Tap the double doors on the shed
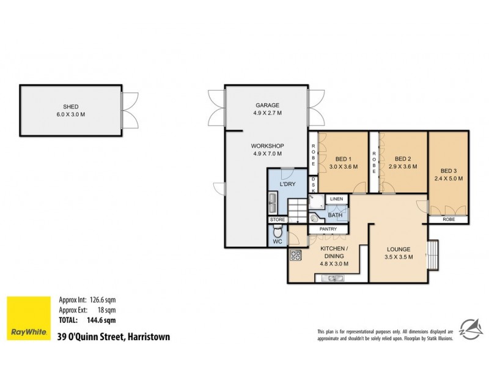[129, 109]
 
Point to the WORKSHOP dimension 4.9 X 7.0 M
[267, 154]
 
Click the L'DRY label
[287, 184]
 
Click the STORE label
[278, 219]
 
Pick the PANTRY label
[328, 229]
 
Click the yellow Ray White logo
[28, 318]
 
